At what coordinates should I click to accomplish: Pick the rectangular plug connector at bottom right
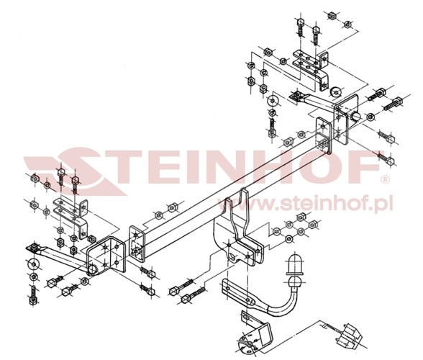(x=348, y=336)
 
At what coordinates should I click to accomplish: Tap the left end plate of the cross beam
(x=137, y=243)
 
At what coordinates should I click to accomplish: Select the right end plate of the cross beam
(x=323, y=135)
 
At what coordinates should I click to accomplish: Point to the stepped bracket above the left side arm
(x=71, y=216)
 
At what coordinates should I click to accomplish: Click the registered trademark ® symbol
(x=386, y=179)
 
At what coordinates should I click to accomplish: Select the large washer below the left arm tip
(x=33, y=264)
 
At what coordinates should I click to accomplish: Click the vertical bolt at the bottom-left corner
(x=33, y=295)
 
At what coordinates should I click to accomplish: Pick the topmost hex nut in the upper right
(x=332, y=16)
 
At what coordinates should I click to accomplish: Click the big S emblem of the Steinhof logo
(x=78, y=170)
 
